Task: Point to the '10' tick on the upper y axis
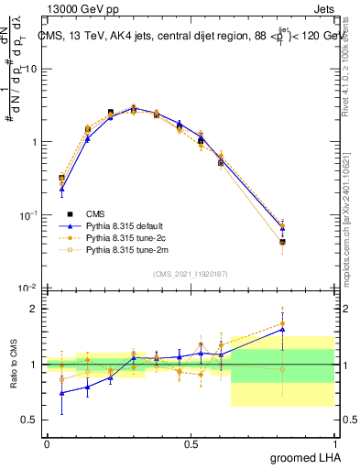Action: tap(32, 70)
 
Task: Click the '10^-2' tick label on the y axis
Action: tap(28, 289)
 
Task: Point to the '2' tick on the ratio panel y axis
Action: tap(35, 309)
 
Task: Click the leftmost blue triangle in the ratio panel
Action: tap(61, 393)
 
